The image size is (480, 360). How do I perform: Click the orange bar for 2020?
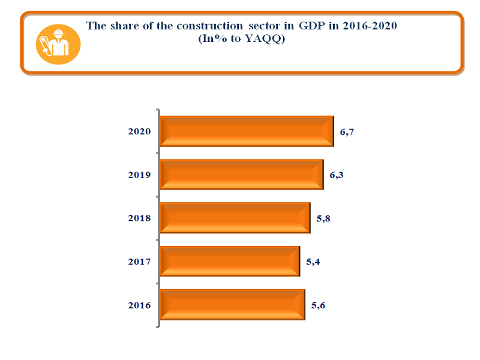tap(247, 131)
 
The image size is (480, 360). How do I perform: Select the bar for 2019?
tap(242, 175)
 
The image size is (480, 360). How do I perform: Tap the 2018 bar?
tap(235, 218)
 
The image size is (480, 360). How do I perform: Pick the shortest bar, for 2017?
tap(230, 261)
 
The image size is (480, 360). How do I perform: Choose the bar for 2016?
tap(233, 305)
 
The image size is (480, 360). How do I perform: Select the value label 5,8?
tap(324, 218)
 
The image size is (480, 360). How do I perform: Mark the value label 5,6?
tap(319, 305)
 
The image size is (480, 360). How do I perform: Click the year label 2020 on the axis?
tap(139, 131)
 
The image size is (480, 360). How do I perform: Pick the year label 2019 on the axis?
tap(139, 175)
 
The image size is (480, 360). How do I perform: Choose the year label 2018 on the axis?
tap(139, 218)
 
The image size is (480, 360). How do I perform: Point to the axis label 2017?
tap(139, 262)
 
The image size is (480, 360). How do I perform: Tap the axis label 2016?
tap(139, 305)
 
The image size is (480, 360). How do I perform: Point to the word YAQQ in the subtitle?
tap(266, 39)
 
